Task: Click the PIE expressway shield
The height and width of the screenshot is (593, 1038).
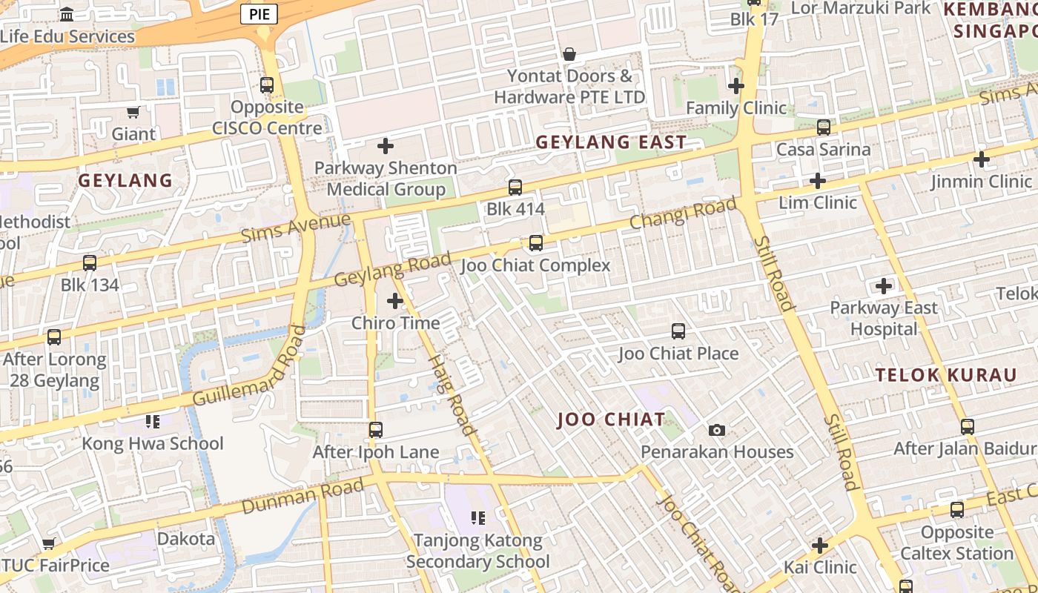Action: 259,13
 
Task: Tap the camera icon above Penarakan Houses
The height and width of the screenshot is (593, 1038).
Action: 717,430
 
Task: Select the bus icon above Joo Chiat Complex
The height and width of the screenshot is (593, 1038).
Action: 535,242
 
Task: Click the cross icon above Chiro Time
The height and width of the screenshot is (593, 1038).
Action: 395,301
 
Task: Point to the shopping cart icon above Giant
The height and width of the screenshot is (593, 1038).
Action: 133,112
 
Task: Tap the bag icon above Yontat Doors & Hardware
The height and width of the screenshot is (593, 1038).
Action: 569,54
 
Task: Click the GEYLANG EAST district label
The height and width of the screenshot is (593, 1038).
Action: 611,142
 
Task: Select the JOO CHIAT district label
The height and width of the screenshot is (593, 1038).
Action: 611,420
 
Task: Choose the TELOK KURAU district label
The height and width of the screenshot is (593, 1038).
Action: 946,375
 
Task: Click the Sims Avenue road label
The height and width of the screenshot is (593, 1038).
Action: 296,228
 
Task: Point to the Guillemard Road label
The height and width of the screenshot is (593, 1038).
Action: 249,366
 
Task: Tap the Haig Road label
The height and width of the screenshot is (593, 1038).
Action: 452,394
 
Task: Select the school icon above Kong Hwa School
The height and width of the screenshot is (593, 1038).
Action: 153,422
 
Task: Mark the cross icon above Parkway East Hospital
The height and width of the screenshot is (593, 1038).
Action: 884,285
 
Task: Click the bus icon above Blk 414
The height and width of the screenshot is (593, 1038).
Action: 515,187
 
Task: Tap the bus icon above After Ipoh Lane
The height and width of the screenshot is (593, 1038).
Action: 376,430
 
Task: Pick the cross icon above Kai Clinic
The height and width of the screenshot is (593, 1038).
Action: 819,546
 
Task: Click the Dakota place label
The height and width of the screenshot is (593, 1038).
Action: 186,539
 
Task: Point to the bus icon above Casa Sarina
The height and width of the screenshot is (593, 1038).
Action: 823,127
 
